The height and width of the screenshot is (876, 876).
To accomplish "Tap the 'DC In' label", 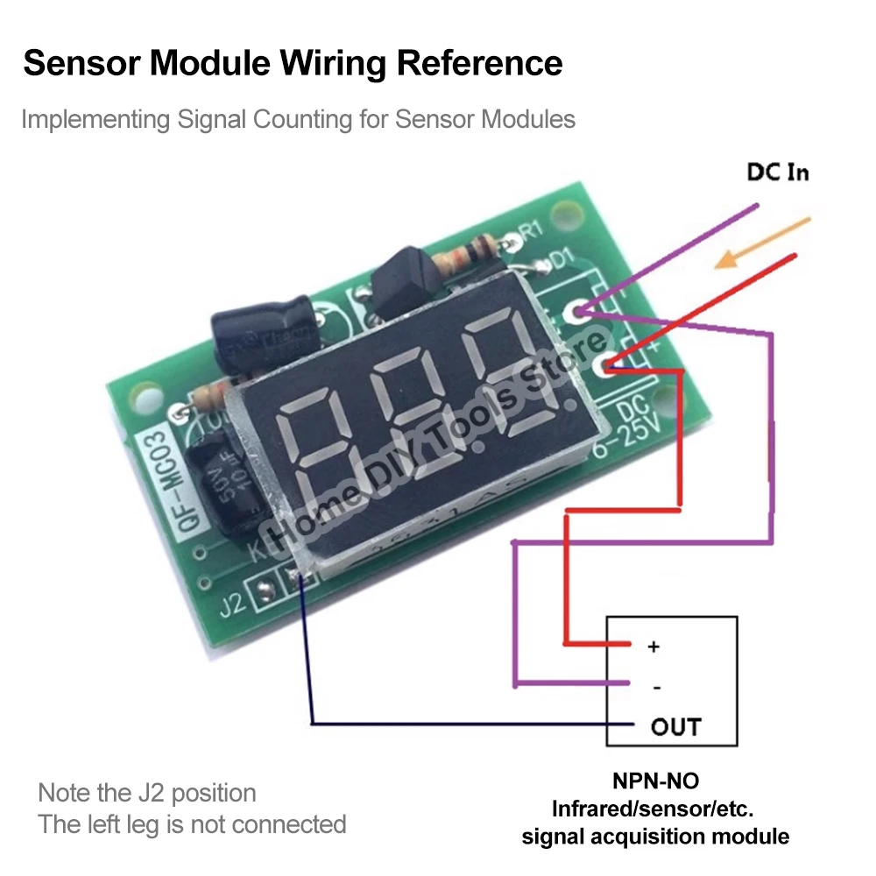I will click(778, 172).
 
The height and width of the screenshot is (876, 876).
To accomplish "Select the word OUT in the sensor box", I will click(675, 726).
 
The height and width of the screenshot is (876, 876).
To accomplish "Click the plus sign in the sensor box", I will click(653, 646).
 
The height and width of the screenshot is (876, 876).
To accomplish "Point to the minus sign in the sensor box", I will click(657, 688).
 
